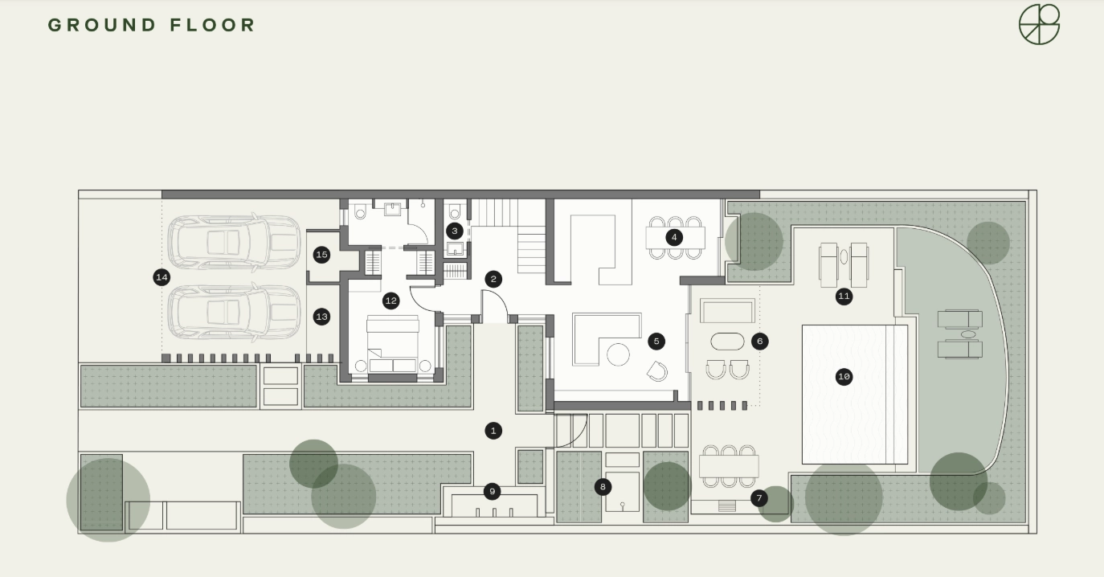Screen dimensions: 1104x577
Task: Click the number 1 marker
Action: (493, 431)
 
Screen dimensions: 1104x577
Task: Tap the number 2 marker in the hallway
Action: (493, 280)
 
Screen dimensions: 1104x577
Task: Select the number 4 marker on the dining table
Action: (674, 238)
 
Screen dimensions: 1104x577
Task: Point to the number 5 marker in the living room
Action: (656, 341)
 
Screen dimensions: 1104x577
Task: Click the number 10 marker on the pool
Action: (844, 377)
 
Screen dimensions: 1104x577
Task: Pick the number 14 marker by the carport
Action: (162, 277)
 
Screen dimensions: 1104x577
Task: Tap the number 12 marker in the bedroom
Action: (391, 301)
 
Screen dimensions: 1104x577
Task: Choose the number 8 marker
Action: (603, 487)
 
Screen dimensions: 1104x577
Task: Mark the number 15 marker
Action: (322, 255)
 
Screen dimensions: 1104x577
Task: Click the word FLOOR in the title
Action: (212, 25)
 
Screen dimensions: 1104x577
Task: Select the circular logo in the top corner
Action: (1040, 24)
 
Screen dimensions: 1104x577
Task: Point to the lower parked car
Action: (234, 313)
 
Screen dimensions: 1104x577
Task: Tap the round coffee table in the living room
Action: (618, 354)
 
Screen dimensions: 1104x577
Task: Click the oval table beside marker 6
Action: (727, 342)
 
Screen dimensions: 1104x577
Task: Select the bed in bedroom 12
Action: (393, 344)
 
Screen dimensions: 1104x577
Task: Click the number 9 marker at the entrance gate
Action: (492, 491)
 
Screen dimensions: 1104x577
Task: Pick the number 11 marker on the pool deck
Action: (844, 297)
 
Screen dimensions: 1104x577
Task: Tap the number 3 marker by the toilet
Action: (455, 231)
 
